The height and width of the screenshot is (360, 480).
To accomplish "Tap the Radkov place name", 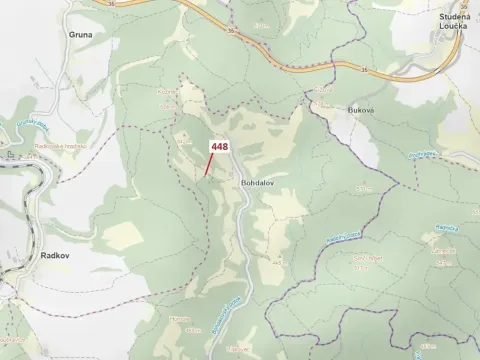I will (26, 255).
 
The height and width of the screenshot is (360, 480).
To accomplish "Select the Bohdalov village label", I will (257, 184).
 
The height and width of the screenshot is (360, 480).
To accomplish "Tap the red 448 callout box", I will (218, 148).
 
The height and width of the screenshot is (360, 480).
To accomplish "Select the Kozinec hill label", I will (166, 104).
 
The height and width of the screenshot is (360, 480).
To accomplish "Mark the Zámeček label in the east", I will (442, 252).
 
